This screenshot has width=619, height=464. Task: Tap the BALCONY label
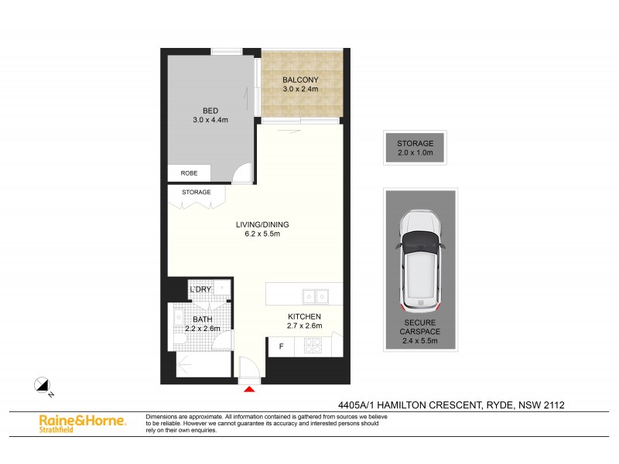[300, 80]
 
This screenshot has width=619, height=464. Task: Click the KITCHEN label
[303, 316]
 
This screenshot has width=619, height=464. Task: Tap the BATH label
[203, 319]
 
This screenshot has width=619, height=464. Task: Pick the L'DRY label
[201, 290]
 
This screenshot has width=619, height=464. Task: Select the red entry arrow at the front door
[249, 389]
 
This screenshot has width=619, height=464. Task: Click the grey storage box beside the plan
[415, 148]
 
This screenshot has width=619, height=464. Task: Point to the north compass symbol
[43, 384]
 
